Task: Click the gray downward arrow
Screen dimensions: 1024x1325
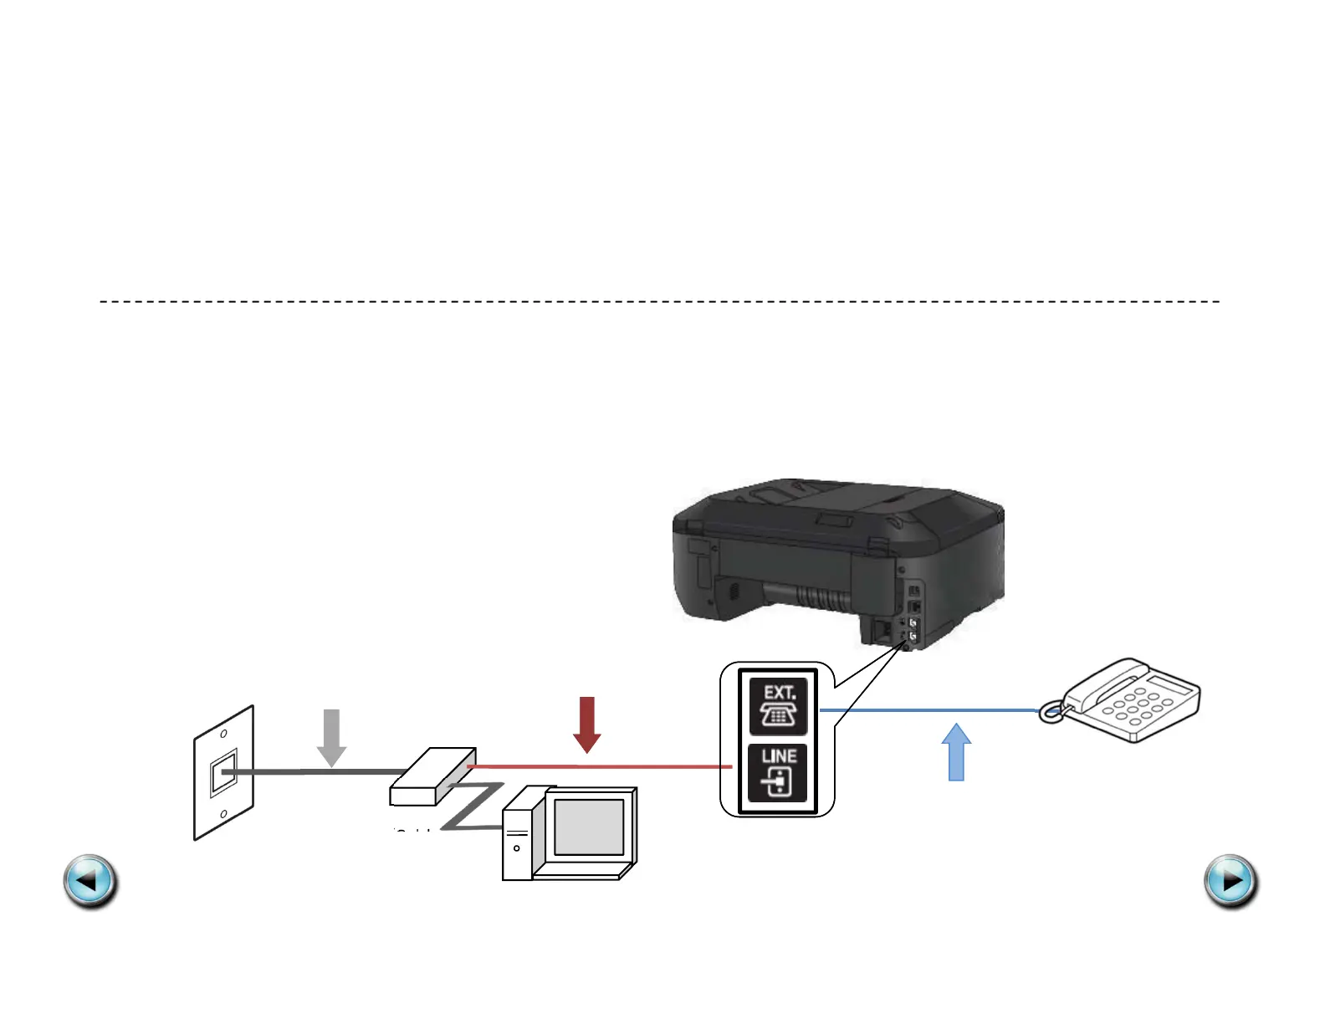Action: click(x=332, y=737)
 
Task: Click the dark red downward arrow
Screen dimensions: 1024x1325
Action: click(x=587, y=724)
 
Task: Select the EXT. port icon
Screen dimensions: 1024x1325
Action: click(x=778, y=706)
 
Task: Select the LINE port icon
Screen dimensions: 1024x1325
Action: click(x=778, y=772)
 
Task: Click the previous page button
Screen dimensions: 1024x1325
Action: click(x=90, y=881)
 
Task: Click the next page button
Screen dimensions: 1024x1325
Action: click(x=1230, y=881)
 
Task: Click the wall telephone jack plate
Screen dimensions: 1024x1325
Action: click(x=223, y=773)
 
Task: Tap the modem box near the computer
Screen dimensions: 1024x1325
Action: click(x=432, y=776)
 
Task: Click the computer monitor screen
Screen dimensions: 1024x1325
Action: click(x=589, y=827)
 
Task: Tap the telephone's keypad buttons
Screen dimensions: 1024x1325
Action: click(x=1138, y=708)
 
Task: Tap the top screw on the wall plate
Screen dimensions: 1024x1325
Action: click(x=223, y=734)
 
